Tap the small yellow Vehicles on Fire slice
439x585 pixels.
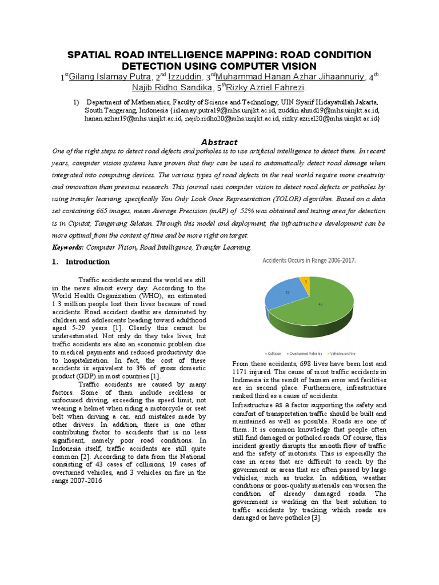coord(305,282)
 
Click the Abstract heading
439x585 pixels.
coord(219,142)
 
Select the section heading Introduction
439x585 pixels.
coord(87,262)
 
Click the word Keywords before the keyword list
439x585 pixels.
coord(67,247)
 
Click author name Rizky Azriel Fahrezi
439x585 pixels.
coord(266,88)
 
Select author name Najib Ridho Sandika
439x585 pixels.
coord(171,88)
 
